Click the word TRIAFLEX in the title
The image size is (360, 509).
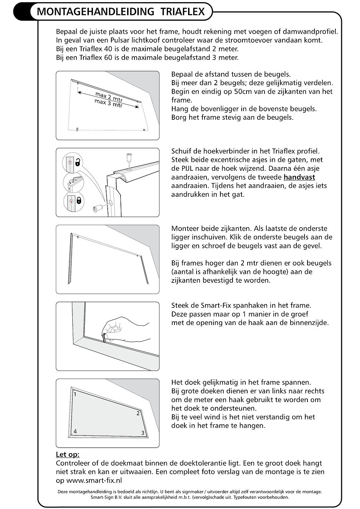[183, 12]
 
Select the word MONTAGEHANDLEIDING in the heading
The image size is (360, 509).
[96, 12]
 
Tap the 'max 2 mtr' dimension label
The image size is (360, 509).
[109, 97]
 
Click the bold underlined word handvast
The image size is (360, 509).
[299, 177]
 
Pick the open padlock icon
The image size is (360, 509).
[79, 162]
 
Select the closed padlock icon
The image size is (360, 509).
[79, 200]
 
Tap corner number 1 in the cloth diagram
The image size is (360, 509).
[75, 394]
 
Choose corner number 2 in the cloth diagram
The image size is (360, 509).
[138, 413]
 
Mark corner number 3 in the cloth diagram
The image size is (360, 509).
[143, 433]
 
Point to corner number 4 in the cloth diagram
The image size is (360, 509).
[75, 431]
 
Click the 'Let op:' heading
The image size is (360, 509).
[68, 455]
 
